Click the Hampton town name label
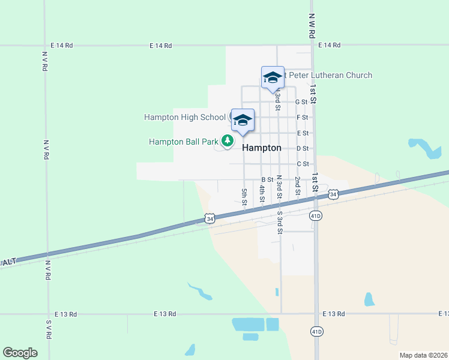coord(262,148)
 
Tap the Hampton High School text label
coord(184,117)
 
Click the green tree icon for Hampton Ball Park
coord(227,140)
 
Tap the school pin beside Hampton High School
coord(243,119)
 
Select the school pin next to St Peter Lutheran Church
coord(273,77)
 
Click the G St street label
coord(302,102)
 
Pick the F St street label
coord(302,118)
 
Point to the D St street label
coord(302,148)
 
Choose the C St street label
coord(302,164)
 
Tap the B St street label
coord(267,179)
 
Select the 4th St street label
coord(262,193)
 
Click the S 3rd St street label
coord(279,222)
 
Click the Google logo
coord(20,353)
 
